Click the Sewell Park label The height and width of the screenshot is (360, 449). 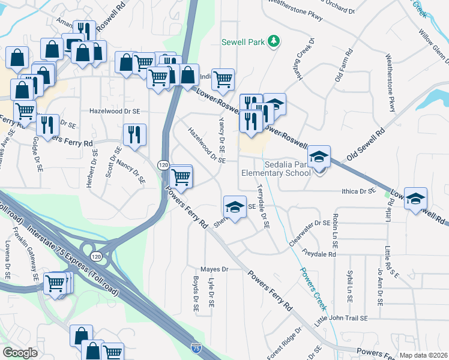pos(243,42)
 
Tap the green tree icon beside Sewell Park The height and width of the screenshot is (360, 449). pos(274,41)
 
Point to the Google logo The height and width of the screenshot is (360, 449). pos(20,353)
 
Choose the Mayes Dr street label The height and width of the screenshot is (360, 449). pos(216,269)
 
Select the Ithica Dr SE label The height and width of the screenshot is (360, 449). pos(358,191)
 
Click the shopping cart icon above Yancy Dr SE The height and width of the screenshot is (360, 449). pos(223,79)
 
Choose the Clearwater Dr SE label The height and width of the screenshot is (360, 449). pos(309,231)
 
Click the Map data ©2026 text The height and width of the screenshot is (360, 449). pos(424,355)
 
